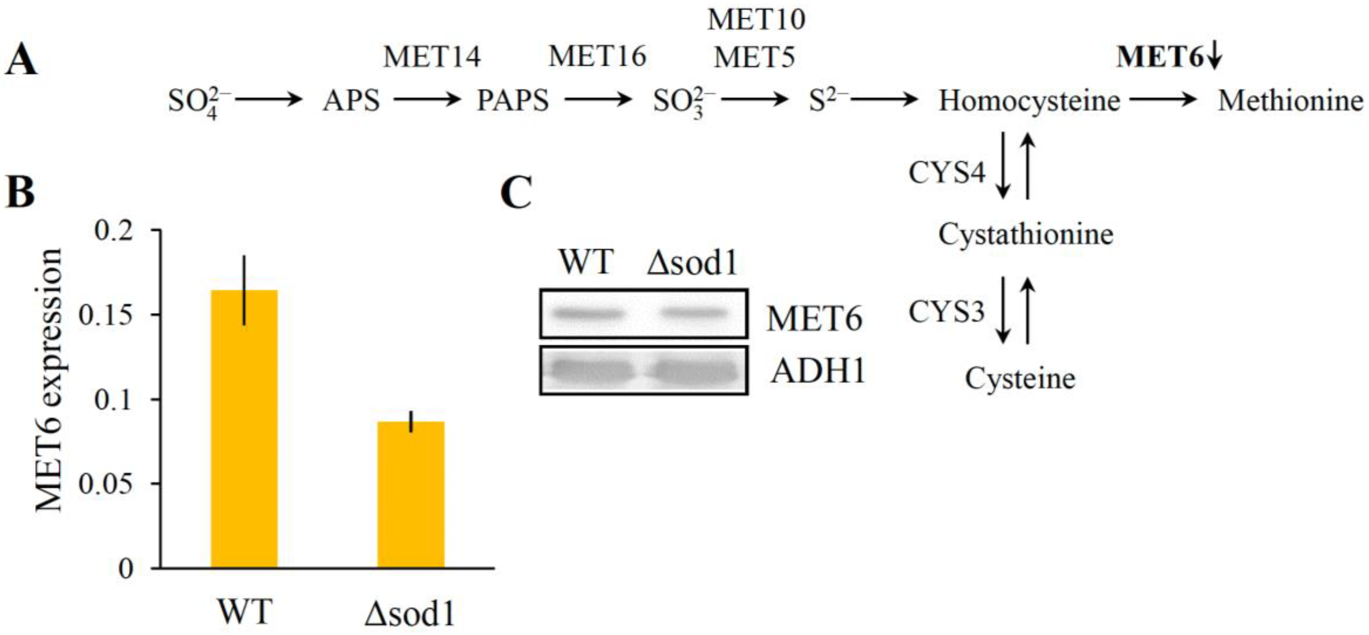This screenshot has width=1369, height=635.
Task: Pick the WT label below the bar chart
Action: point(245,612)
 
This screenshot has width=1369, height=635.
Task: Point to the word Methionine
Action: point(1290,100)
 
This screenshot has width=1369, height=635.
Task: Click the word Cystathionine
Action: point(1026,234)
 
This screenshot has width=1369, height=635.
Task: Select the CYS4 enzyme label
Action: point(946,172)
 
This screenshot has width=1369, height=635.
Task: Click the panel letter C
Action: point(516,192)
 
